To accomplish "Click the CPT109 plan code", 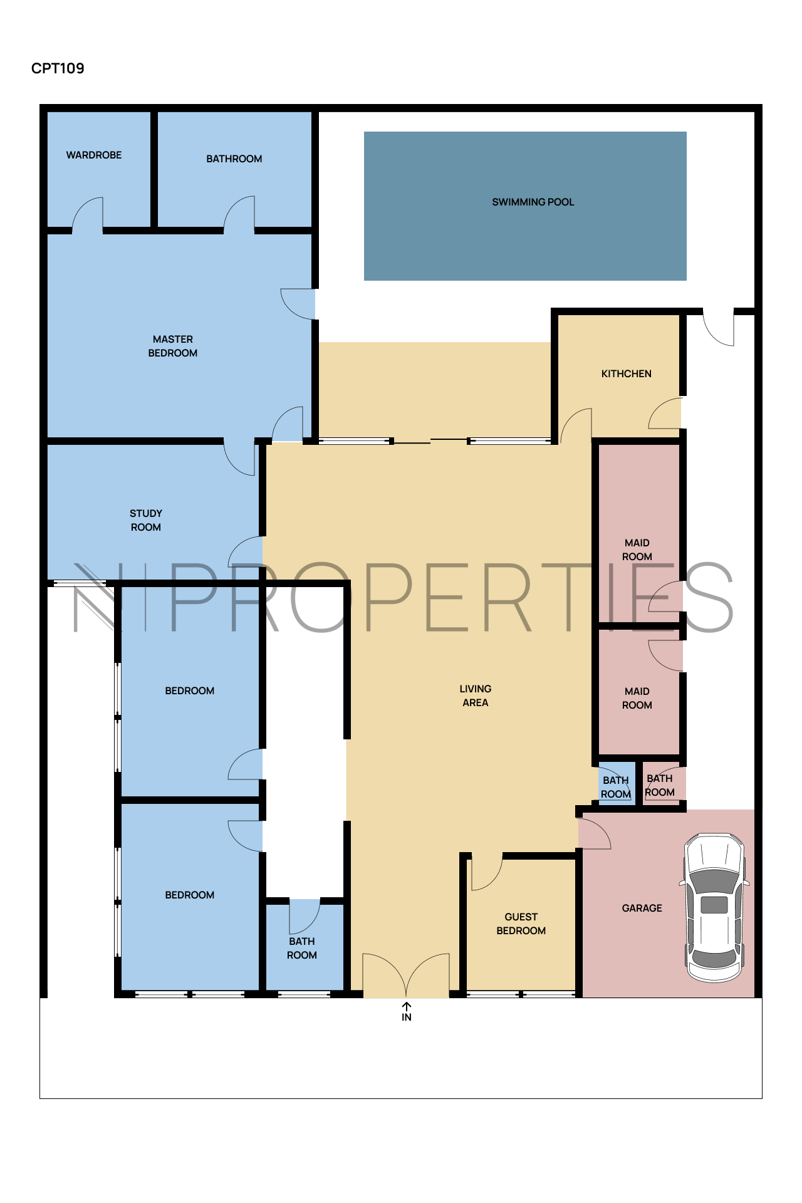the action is [x=58, y=68].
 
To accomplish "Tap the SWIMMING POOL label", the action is [x=533, y=202].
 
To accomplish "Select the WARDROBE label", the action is [x=94, y=155].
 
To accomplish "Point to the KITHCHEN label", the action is [x=626, y=373].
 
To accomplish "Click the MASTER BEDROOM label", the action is [x=173, y=346].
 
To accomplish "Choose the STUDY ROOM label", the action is [x=146, y=520].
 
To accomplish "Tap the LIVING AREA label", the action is [x=476, y=695].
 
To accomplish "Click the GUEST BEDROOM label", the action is [x=521, y=924].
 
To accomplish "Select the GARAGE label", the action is [x=642, y=908].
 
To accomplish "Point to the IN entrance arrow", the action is [x=407, y=1007].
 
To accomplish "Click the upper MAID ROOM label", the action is [x=637, y=549].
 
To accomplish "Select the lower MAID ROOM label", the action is [x=637, y=698].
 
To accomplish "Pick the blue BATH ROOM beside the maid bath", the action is [x=616, y=787].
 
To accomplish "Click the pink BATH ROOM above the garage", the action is [x=660, y=785].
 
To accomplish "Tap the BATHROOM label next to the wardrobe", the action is [x=234, y=159].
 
